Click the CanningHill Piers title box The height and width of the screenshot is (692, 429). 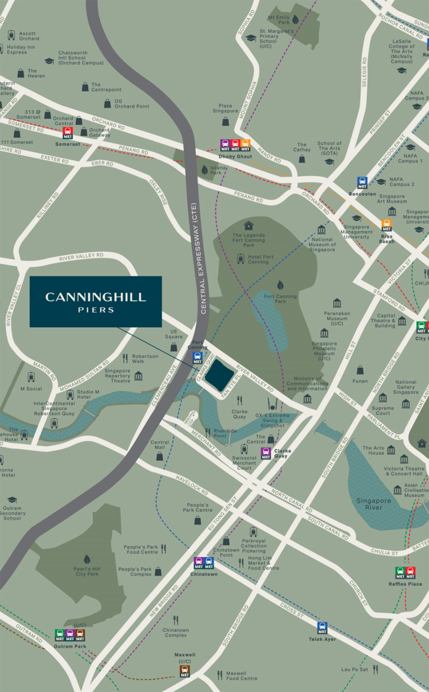point(96,301)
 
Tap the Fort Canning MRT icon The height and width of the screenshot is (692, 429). point(198,358)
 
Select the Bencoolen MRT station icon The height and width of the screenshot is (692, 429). point(363,183)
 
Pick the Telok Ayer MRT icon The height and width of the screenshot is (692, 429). point(322,628)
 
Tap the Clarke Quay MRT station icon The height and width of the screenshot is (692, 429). point(266,453)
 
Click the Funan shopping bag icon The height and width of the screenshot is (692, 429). point(360,370)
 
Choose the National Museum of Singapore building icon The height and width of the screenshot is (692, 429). point(321,230)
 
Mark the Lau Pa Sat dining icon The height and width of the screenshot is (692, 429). point(376,669)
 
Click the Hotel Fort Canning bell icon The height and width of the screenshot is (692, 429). point(241,258)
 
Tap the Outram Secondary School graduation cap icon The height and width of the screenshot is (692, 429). point(12,500)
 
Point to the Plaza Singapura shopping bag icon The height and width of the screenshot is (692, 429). point(225,121)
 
